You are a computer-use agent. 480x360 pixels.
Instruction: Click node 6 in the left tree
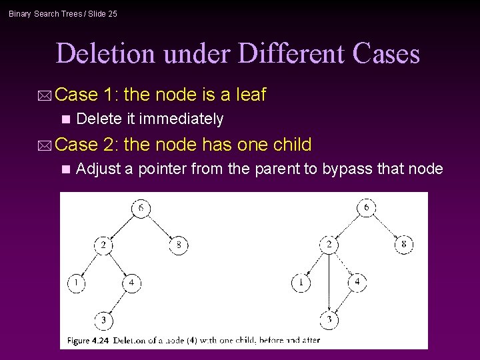tap(141, 209)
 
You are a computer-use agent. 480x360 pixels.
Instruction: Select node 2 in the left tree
tap(103, 245)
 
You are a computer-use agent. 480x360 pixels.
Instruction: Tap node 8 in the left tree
tap(178, 245)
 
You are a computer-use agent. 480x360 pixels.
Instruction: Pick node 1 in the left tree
tap(76, 283)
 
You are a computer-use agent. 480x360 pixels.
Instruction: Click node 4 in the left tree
tap(131, 283)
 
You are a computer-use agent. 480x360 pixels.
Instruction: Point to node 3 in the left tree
tap(103, 321)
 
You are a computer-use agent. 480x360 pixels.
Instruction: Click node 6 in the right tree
tap(367, 208)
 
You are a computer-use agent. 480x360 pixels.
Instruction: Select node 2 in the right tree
tap(329, 245)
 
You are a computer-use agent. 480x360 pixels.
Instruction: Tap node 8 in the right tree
tap(404, 245)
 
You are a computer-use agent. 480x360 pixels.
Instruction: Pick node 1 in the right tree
tap(301, 283)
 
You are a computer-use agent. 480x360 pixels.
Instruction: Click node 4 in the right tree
tap(357, 283)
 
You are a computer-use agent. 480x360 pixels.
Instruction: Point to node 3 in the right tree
tap(329, 321)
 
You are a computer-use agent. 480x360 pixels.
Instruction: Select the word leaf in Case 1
tap(251, 95)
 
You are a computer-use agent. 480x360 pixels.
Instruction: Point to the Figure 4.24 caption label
tap(88, 340)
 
